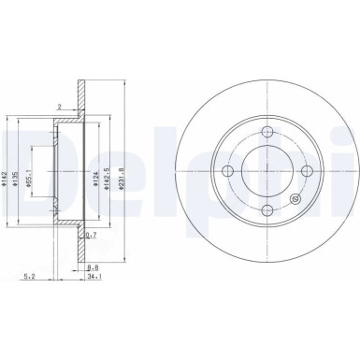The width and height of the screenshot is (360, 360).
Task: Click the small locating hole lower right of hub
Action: pos(297,197)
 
